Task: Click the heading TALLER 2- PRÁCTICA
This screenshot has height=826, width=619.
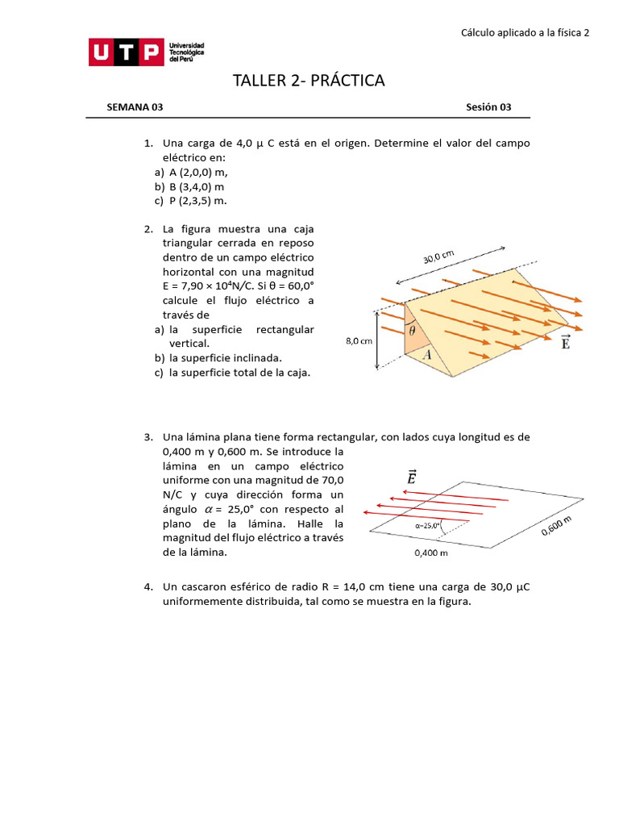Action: tap(309, 81)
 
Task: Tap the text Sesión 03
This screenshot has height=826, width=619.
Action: tap(488, 107)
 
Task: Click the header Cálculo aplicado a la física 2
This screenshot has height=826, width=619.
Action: tap(525, 33)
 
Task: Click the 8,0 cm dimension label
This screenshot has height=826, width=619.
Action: tap(359, 341)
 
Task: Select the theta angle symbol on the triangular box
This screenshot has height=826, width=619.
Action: tap(412, 330)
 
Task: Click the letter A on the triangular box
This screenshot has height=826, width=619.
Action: tap(426, 354)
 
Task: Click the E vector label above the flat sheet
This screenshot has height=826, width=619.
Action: tap(412, 479)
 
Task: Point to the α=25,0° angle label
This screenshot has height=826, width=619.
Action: tap(428, 525)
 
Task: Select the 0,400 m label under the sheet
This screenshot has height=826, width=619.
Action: tap(430, 553)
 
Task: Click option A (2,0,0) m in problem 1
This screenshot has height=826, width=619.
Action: tap(198, 172)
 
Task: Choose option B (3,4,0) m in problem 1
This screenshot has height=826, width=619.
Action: tap(196, 186)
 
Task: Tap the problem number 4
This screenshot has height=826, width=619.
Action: tap(148, 586)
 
